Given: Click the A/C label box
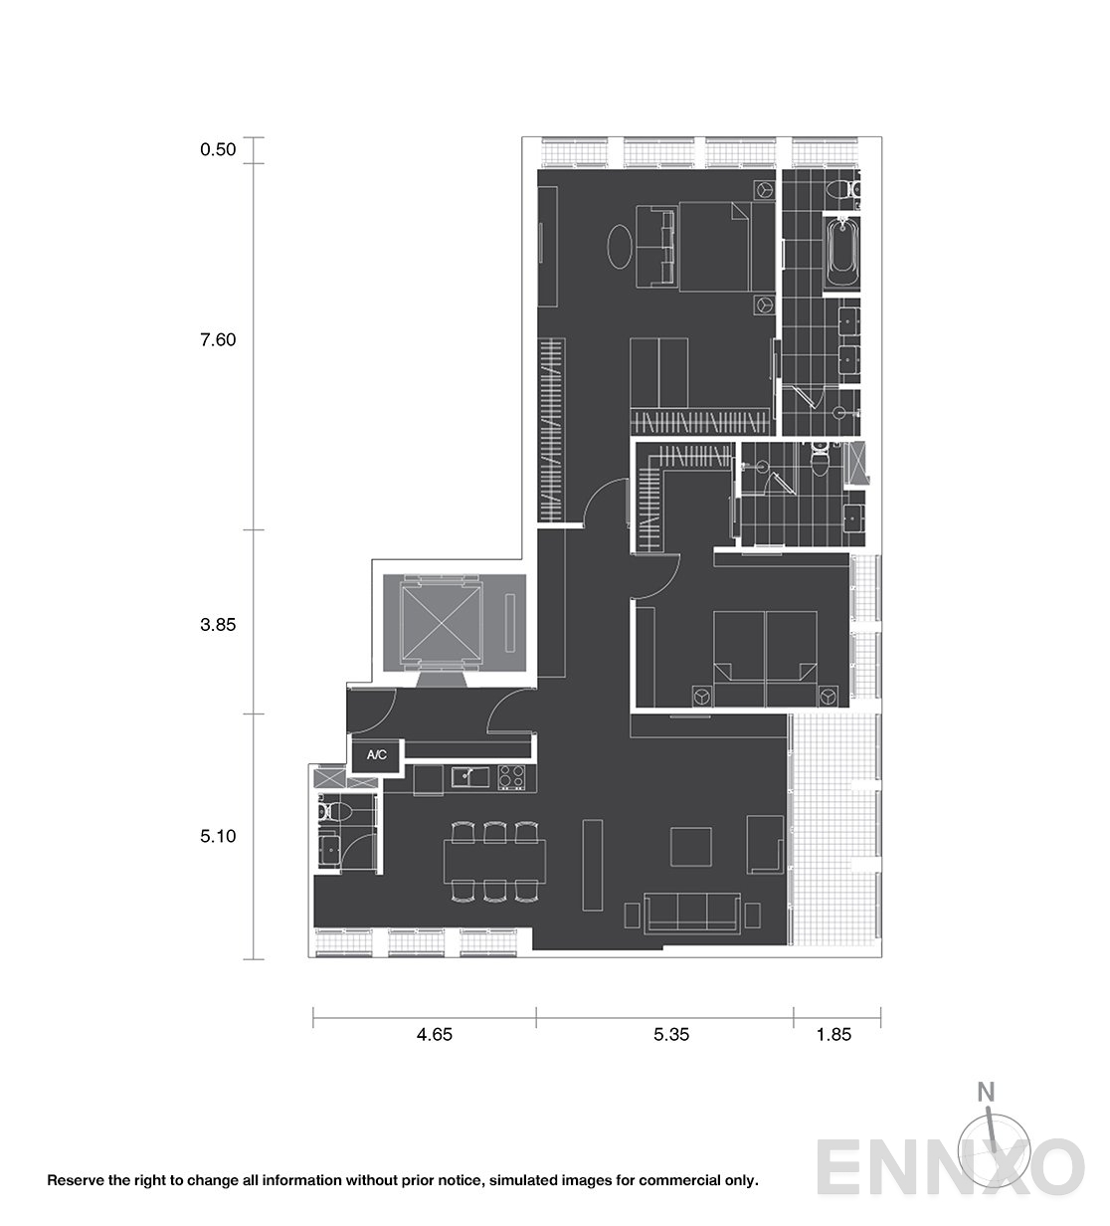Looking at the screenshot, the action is [376, 755].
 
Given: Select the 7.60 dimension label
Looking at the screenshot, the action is [218, 339].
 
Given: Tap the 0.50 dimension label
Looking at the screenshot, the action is [218, 149].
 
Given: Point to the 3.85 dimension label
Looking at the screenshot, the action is [218, 625].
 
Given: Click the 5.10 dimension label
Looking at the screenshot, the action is [218, 836].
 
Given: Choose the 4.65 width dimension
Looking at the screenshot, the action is [435, 1035].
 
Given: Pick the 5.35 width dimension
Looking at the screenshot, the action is [671, 1035].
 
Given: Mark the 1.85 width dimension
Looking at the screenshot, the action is [833, 1035].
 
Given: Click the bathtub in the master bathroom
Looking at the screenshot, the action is [841, 254].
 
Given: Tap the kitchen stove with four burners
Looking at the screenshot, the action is [511, 778].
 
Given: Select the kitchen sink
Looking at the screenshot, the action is [469, 777].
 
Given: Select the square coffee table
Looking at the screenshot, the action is [691, 847].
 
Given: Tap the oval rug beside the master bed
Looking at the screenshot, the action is [619, 247].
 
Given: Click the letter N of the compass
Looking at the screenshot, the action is [986, 1092].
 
